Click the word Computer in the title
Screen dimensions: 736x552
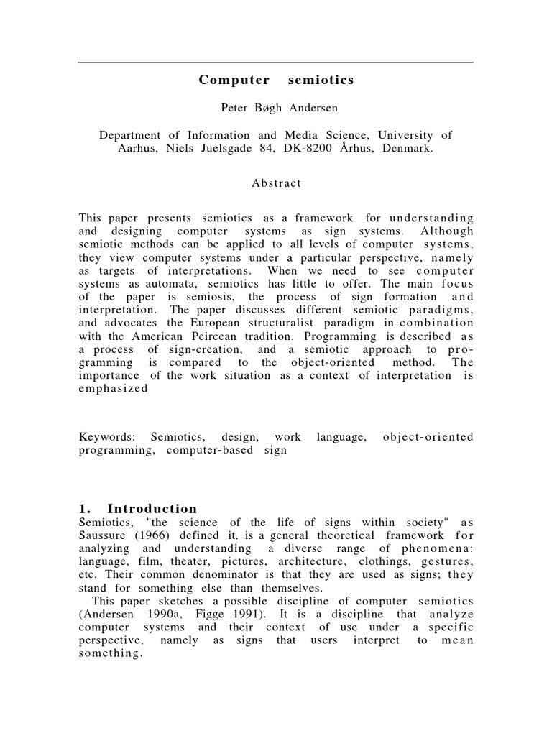click(229, 80)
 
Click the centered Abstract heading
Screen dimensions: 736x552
click(276, 183)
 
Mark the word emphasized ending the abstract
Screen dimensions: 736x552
click(114, 389)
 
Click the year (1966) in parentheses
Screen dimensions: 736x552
click(155, 535)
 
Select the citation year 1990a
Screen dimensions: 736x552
click(161, 614)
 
